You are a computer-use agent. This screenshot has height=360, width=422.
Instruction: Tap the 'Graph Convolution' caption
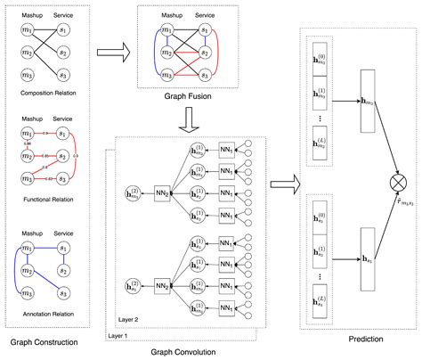[x=190, y=351]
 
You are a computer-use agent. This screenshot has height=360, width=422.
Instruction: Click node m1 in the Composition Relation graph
[x=28, y=33]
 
